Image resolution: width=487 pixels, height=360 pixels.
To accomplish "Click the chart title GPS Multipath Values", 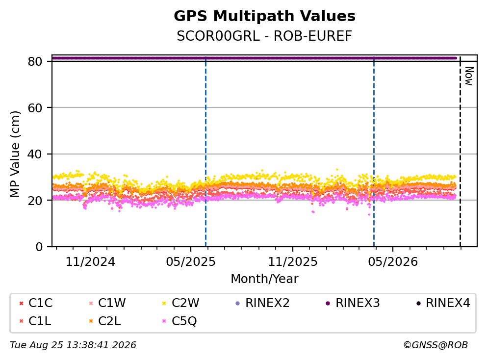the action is click(x=264, y=16).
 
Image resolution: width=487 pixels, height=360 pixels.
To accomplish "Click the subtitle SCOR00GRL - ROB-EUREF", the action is click(x=264, y=36).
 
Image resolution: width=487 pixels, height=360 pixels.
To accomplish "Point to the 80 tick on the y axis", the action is click(x=35, y=61).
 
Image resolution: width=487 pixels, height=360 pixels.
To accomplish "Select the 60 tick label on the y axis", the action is click(x=35, y=108).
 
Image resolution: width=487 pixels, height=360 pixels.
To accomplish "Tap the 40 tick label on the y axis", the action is click(x=35, y=154).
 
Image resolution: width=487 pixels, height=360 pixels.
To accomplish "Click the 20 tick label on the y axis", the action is click(x=35, y=200).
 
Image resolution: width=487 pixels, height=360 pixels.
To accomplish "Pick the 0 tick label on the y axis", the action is click(x=39, y=247).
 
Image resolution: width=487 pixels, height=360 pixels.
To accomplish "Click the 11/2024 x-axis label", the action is click(x=90, y=262).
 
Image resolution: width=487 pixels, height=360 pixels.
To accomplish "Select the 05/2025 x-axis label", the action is click(x=190, y=262).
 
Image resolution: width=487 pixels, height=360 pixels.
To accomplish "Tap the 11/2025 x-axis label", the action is click(x=293, y=262).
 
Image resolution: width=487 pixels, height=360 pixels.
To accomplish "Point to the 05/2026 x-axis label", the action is click(x=393, y=262).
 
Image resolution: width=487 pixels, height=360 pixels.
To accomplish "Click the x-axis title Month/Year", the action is click(x=264, y=279).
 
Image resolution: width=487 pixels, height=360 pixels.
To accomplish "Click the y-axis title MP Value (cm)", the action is click(x=15, y=154).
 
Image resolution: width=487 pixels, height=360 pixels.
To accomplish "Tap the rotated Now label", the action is click(x=469, y=76).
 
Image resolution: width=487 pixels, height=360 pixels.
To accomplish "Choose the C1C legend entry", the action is click(x=36, y=303).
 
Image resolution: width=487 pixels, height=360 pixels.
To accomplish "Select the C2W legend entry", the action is click(x=181, y=303).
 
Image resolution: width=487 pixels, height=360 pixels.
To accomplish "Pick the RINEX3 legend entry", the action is click(x=353, y=303).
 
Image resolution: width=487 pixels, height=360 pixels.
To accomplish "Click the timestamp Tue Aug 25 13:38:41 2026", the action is click(x=73, y=345).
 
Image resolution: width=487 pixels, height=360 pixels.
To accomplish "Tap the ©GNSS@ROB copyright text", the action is click(x=436, y=345).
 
